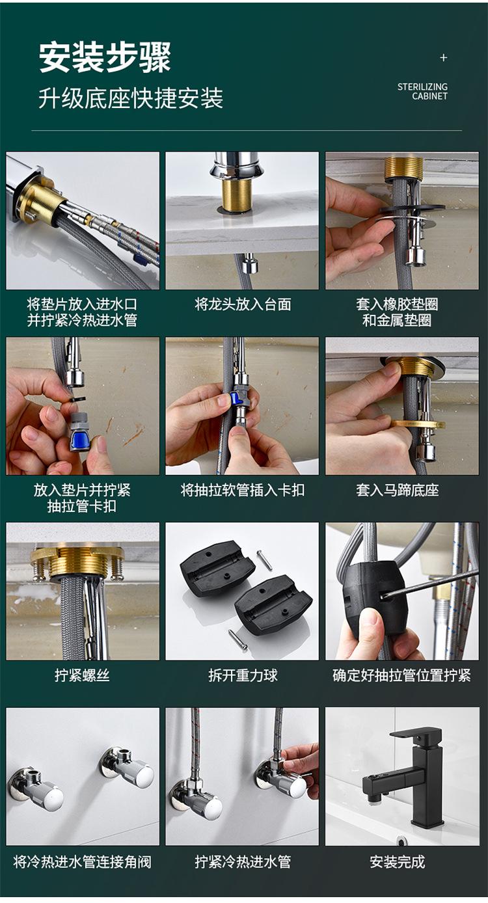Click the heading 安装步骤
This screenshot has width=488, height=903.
point(105,58)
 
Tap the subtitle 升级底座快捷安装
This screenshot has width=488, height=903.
point(131,98)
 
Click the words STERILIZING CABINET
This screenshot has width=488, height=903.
point(422,92)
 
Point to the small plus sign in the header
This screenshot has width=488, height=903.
point(444,58)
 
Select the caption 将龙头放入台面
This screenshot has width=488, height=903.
point(243,304)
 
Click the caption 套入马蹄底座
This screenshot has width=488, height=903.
point(397,490)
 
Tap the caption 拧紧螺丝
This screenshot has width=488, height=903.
point(82,675)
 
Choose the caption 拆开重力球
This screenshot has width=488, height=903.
point(243,675)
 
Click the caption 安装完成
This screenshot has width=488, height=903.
point(398,862)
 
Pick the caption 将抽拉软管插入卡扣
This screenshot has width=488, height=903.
point(243,490)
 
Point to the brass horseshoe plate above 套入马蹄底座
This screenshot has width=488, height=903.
point(418,424)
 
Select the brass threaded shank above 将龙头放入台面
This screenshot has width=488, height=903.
point(235,196)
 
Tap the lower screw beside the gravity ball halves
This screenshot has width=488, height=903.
point(237,639)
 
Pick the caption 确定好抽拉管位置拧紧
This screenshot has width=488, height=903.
point(401,675)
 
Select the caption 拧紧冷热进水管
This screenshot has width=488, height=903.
point(243,862)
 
